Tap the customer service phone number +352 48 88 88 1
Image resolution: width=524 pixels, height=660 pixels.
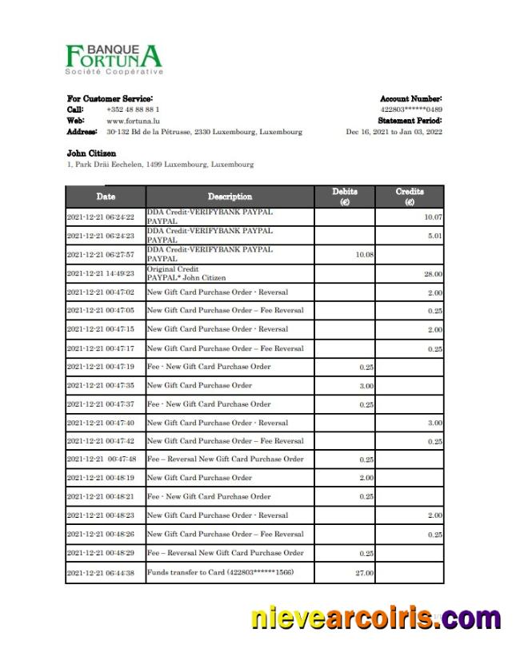pyautogui.click(x=132, y=109)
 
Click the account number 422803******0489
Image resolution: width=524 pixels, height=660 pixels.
pyautogui.click(x=411, y=109)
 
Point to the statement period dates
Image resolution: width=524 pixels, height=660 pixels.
pyautogui.click(x=394, y=131)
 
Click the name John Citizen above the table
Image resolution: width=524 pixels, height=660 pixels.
pyautogui.click(x=91, y=153)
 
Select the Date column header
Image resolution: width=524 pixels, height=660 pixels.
pyautogui.click(x=105, y=197)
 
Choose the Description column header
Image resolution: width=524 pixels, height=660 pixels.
pyautogui.click(x=230, y=197)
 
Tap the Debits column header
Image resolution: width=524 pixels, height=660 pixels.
pyautogui.click(x=345, y=197)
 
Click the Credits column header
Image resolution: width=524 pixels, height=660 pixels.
pyautogui.click(x=410, y=197)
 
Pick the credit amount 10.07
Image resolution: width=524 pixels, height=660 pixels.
pyautogui.click(x=433, y=217)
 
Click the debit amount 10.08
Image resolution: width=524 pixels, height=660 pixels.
pyautogui.click(x=363, y=255)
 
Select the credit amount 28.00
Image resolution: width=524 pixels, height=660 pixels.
pyautogui.click(x=433, y=274)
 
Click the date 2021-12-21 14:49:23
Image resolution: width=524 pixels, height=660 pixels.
pyautogui.click(x=101, y=273)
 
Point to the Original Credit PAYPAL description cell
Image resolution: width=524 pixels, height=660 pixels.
pyautogui.click(x=187, y=273)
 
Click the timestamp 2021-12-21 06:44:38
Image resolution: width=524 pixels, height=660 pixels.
pyautogui.click(x=101, y=572)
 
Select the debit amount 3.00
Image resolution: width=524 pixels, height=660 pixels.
pyautogui.click(x=366, y=385)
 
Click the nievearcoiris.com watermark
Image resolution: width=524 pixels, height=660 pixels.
pyautogui.click(x=375, y=619)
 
